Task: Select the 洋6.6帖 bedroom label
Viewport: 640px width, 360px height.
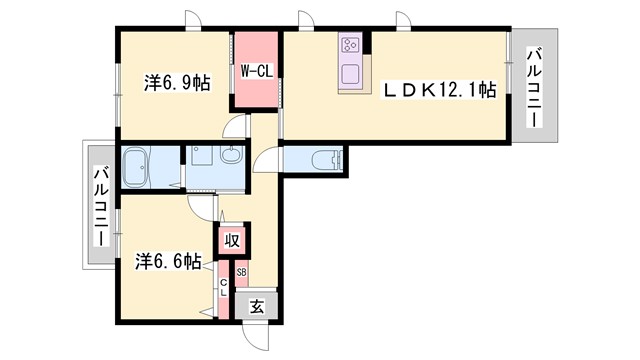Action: (x=168, y=261)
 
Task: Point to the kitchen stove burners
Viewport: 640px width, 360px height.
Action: (x=351, y=45)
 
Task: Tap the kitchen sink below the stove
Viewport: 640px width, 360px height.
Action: (x=351, y=73)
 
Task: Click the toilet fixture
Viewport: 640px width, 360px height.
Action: (x=326, y=158)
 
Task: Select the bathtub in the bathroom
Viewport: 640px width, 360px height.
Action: (x=135, y=165)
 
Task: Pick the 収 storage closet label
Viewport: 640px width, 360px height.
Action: (x=231, y=240)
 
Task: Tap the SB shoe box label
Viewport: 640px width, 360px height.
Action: (x=242, y=272)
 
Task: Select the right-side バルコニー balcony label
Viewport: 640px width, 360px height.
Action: (x=536, y=88)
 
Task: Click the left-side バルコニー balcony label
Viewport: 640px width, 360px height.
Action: (x=100, y=206)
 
